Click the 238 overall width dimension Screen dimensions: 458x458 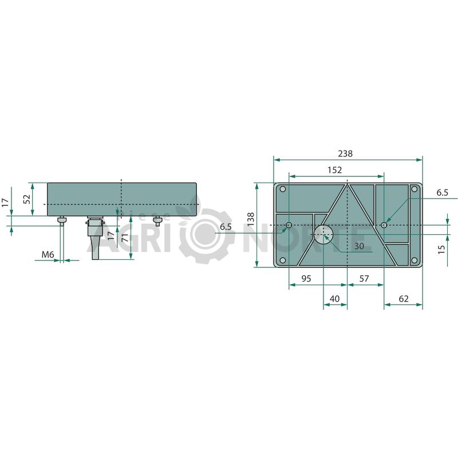345,153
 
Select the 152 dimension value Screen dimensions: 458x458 334,169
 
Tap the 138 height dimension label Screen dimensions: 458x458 251,219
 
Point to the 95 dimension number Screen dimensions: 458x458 306,279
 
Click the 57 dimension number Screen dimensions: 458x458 364,279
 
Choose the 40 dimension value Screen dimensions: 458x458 334,299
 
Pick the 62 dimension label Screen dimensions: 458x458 404,299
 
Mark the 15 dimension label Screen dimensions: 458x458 441,249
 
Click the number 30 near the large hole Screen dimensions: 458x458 359,246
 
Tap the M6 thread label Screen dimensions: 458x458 48,255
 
